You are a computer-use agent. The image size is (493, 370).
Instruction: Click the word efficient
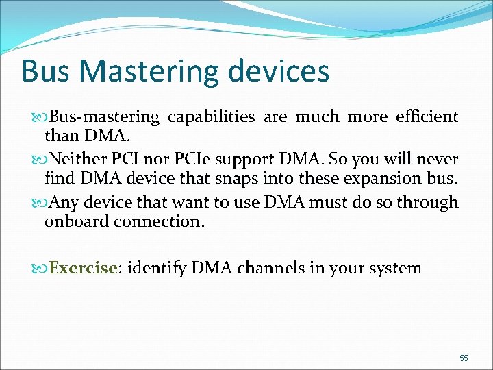tap(427, 117)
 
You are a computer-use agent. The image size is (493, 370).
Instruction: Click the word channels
tap(269, 268)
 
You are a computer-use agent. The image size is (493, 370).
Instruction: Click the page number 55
tap(464, 358)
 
